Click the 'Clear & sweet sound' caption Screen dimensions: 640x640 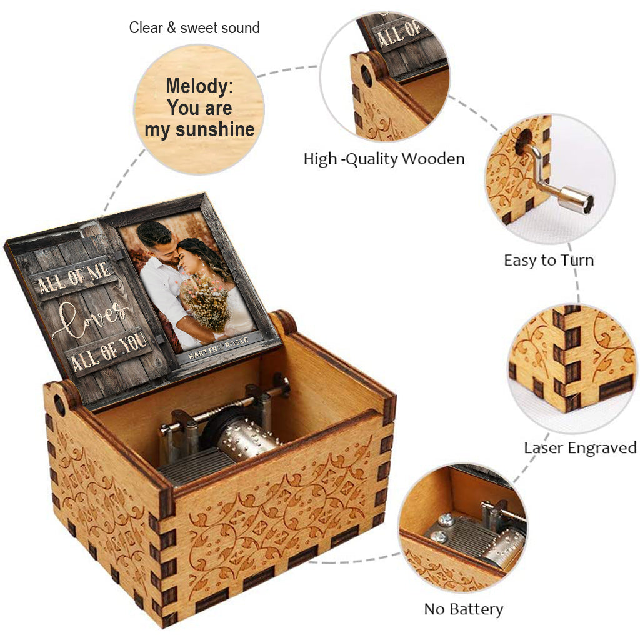194,28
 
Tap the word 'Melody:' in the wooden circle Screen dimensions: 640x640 199,86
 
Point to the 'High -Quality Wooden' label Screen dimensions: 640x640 384,159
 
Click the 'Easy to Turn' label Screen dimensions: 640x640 549,260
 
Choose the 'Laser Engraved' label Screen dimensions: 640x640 580,447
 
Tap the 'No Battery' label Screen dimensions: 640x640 463,609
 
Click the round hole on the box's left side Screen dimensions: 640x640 59,405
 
